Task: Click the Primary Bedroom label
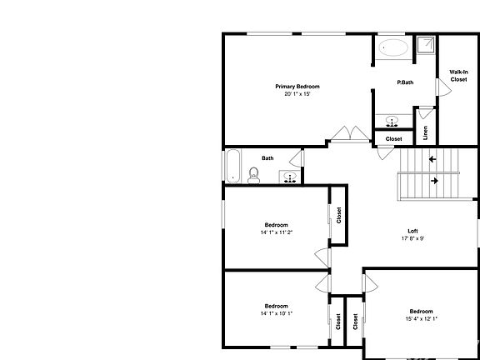point(297,87)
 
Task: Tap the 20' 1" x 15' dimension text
point(297,94)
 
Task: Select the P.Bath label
point(405,82)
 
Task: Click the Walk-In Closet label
point(458,76)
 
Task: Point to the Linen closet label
point(425,132)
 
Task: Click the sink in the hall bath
point(288,177)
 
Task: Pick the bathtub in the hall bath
point(232,166)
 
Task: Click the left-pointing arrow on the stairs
point(432,158)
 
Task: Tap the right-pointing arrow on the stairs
point(435,179)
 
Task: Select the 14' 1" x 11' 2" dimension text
point(276,232)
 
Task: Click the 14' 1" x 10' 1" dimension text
point(276,312)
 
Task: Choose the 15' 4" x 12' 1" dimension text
point(421,318)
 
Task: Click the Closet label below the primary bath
point(393,139)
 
